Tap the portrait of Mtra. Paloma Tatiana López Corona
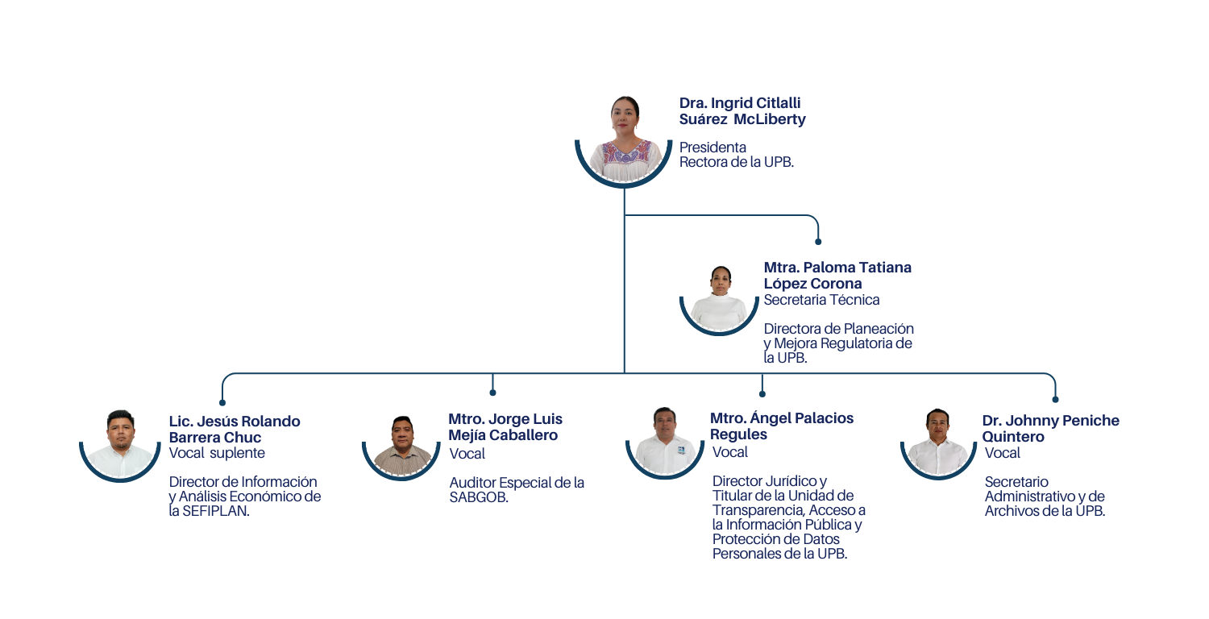tap(719, 297)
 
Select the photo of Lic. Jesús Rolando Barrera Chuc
tap(120, 442)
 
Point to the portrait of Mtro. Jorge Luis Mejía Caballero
tap(402, 445)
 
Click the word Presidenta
tap(713, 147)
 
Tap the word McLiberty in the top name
tap(775, 119)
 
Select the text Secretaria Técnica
tap(821, 300)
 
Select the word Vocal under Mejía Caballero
tap(467, 454)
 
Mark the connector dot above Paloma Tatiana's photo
tap(818, 241)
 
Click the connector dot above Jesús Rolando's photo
tap(222, 401)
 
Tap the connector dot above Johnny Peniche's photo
tap(1055, 399)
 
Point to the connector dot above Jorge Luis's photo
tap(492, 393)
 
